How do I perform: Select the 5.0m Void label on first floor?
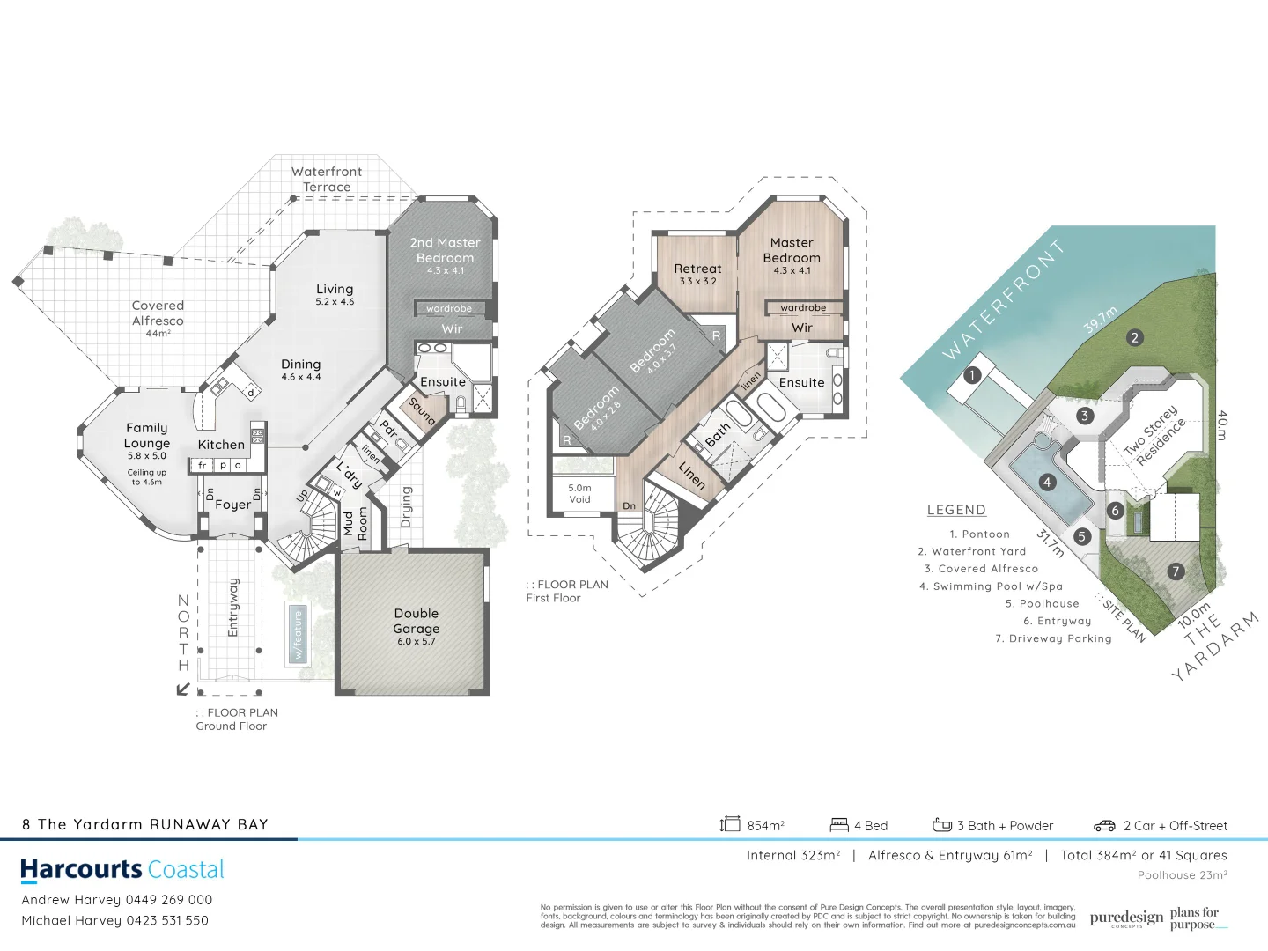[x=579, y=493]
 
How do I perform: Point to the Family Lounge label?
[x=147, y=436]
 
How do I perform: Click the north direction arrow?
[x=183, y=688]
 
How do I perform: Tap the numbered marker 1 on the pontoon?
[x=971, y=375]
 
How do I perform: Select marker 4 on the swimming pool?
[x=1047, y=482]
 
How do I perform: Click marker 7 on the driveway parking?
[x=1175, y=571]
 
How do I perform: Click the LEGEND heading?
[x=956, y=510]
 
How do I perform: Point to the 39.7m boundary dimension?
[x=1100, y=320]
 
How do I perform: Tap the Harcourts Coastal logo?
[x=122, y=870]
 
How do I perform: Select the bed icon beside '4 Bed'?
[x=839, y=825]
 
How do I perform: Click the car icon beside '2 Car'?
[x=1104, y=826]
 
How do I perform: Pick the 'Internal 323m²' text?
[x=792, y=855]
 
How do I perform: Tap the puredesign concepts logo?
[x=1125, y=918]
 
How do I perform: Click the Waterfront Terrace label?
[x=327, y=180]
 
